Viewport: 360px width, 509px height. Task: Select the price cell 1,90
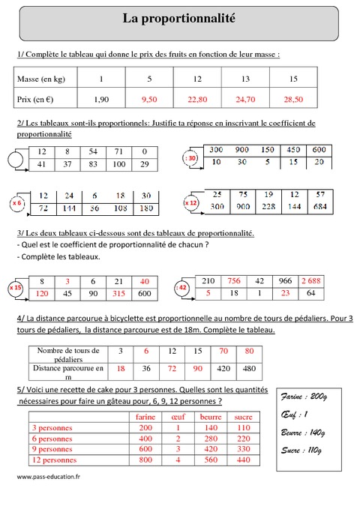[x=101, y=98]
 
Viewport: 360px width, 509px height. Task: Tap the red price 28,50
[x=292, y=98]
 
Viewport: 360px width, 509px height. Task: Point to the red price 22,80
[x=197, y=98]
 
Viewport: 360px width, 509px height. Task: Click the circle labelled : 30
[x=190, y=158]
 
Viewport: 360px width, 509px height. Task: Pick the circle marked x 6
[x=16, y=202]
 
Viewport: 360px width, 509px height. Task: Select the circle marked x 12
[x=191, y=202]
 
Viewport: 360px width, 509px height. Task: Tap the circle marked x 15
[x=16, y=288]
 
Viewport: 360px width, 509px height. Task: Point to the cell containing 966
[x=285, y=281]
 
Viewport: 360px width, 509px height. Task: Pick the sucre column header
[x=242, y=418]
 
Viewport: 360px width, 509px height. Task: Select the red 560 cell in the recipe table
[x=210, y=460]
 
